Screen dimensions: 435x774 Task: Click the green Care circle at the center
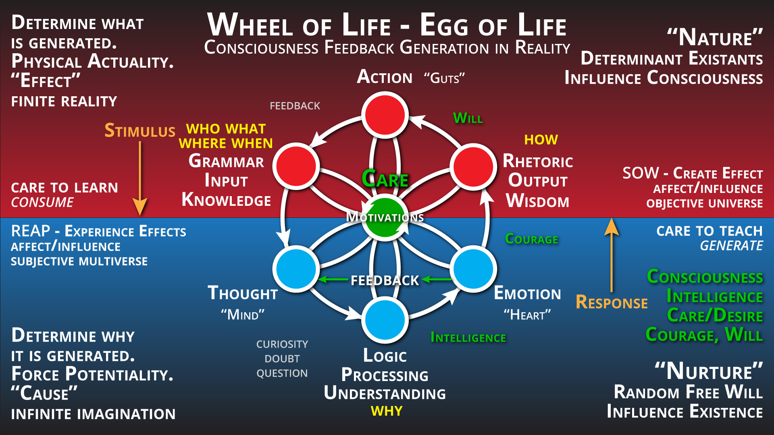[x=385, y=218]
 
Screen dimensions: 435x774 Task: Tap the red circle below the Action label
[x=385, y=115]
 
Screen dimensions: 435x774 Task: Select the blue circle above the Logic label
[x=385, y=320]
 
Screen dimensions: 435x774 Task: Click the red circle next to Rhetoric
[x=473, y=166]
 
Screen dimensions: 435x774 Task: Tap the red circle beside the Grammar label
[x=296, y=166]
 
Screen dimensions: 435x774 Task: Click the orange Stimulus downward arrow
[x=140, y=177]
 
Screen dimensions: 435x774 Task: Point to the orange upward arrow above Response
[x=612, y=254]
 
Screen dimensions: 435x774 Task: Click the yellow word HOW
[x=541, y=140]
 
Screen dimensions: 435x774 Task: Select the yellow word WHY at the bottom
[x=387, y=411]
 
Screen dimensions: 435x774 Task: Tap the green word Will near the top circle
[x=468, y=118]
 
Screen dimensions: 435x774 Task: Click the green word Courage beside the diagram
[x=531, y=239]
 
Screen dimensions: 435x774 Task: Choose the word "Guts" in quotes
[x=444, y=78]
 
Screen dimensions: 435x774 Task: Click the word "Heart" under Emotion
[x=527, y=315]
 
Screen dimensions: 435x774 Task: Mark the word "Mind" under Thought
[x=243, y=315]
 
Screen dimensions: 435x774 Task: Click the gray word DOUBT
[x=282, y=358]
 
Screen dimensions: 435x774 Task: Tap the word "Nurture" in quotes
[x=709, y=371]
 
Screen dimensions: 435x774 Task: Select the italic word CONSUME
[x=42, y=202]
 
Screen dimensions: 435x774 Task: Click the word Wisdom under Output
[x=538, y=201]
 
